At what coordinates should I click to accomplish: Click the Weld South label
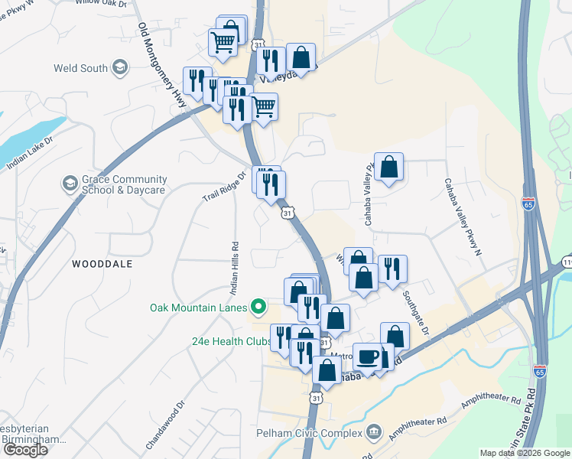coord(80,68)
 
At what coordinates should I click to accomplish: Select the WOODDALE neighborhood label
coord(102,264)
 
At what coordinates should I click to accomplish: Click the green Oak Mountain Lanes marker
coord(258,308)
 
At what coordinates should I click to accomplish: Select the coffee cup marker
coord(368,357)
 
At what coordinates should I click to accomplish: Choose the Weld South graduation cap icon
coord(119,68)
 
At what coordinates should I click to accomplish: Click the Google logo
coord(25,449)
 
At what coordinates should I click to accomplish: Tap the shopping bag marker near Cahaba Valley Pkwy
coord(388,166)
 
